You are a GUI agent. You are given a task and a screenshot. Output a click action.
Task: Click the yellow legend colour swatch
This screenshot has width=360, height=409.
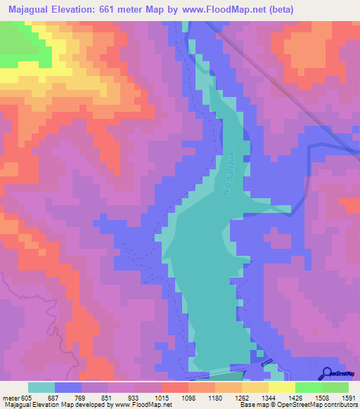pyautogui.click(x=281, y=387)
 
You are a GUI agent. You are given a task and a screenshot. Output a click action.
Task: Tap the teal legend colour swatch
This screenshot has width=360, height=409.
pyautogui.click(x=41, y=387)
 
